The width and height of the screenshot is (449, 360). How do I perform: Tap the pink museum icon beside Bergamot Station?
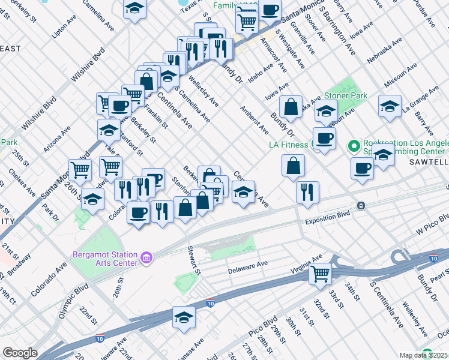pyautogui.click(x=146, y=259)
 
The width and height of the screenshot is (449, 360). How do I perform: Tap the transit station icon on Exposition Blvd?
pyautogui.click(x=361, y=205)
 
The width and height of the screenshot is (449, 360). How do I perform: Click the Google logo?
pyautogui.click(x=20, y=353)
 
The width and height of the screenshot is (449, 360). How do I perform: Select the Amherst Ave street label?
pyautogui.click(x=254, y=119)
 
